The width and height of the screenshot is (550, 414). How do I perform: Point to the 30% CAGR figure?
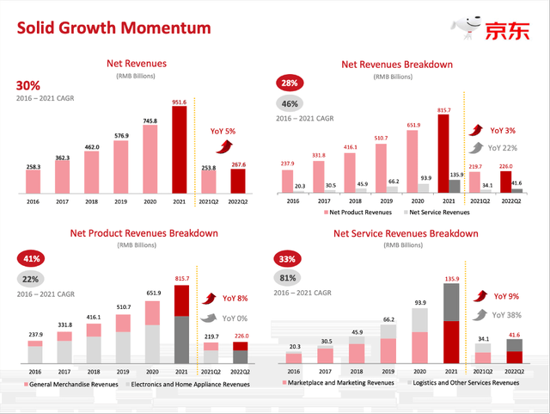(27, 85)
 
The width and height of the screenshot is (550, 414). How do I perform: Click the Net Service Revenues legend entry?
(438, 212)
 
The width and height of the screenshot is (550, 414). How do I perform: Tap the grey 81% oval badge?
(286, 278)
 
